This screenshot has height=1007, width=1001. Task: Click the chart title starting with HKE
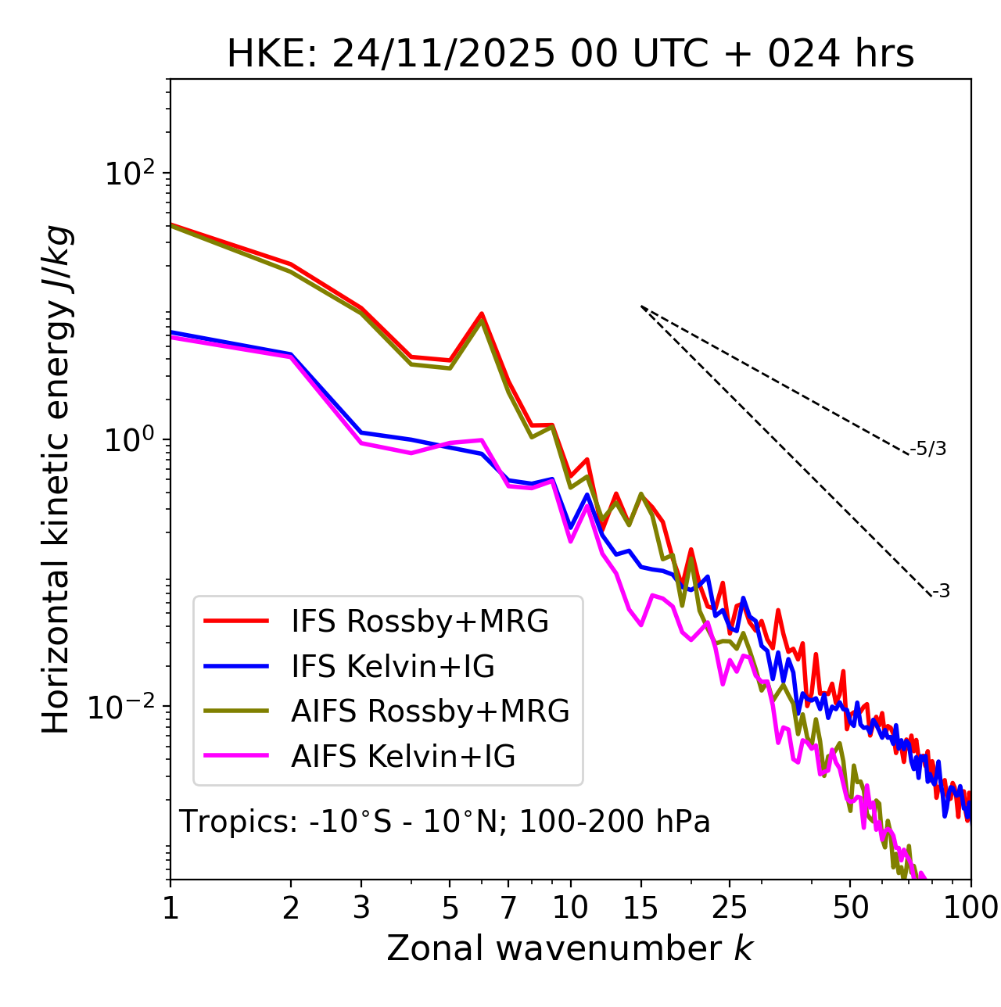coord(570,55)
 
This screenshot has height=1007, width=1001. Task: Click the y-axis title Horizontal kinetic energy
coord(57,479)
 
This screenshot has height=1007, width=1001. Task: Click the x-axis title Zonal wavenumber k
coord(569,948)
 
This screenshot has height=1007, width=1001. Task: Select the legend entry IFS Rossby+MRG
coord(419,622)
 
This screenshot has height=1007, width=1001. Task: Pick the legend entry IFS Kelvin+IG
coord(393,667)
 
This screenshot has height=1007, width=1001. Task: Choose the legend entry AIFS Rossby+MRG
coord(430,711)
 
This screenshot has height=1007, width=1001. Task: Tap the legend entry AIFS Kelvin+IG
coord(403,757)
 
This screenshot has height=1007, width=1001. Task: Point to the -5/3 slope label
coord(928,449)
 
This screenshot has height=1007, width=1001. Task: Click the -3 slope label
coord(941,592)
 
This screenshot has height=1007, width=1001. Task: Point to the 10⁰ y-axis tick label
coord(130,439)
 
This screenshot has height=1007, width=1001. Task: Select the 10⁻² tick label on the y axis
coord(125,706)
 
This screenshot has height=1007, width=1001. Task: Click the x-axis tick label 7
coord(508,908)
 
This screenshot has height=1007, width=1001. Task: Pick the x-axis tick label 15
coord(640,908)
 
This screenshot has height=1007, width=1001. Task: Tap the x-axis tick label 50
coord(851,908)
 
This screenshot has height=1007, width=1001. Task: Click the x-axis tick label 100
coord(970,908)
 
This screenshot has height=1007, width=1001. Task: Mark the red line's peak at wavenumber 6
coord(482,314)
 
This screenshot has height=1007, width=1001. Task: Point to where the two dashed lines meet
coord(641,306)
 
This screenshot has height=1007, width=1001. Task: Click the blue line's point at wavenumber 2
coord(291,354)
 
